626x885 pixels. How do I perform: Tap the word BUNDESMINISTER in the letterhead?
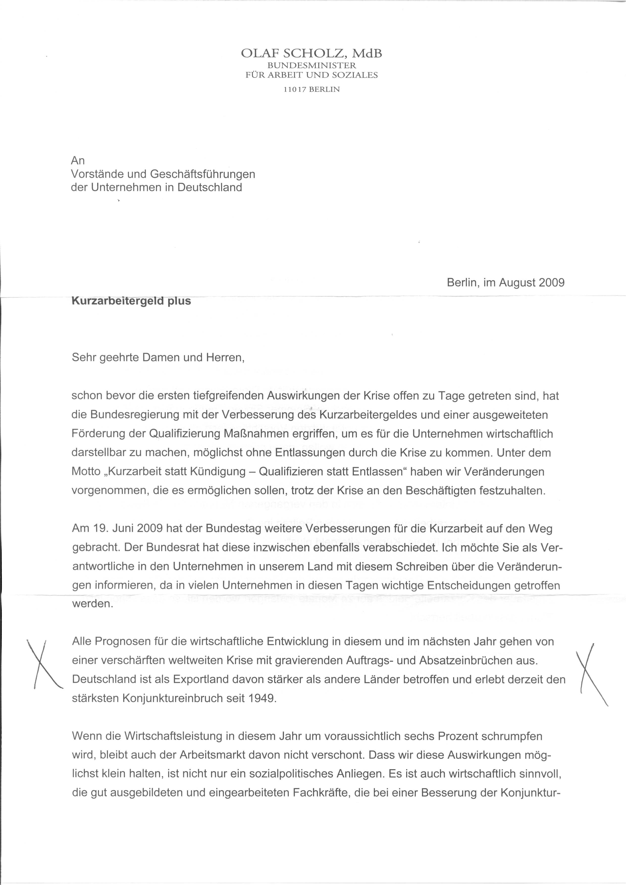coord(312,66)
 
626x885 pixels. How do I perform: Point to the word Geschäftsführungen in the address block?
coord(202,174)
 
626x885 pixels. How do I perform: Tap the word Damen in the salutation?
coord(160,357)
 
